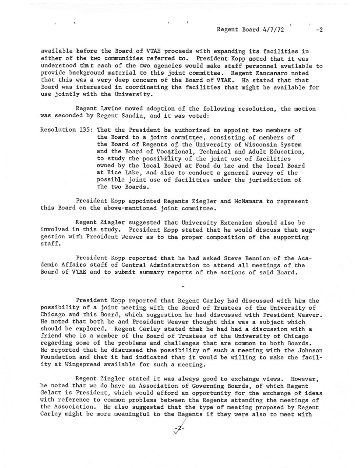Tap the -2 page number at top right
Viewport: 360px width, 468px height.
(319, 30)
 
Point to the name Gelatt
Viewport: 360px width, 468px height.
(51, 393)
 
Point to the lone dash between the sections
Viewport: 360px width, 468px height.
(183, 287)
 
